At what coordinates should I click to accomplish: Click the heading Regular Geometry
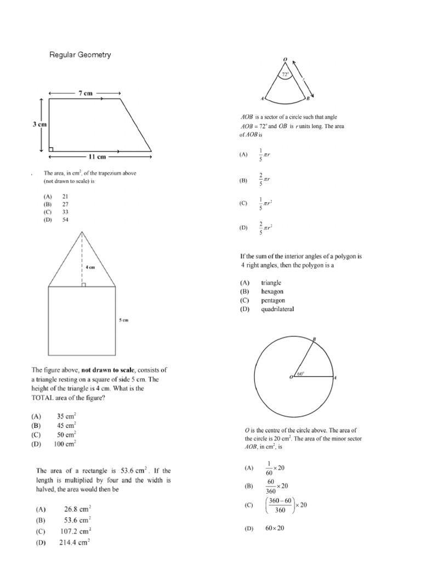[x=80, y=55]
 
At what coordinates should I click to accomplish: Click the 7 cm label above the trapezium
[x=85, y=93]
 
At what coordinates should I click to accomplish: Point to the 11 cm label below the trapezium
[x=97, y=157]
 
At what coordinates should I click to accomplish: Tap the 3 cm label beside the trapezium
[x=39, y=124]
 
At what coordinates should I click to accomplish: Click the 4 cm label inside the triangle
[x=90, y=267]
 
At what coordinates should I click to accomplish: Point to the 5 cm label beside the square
[x=124, y=320]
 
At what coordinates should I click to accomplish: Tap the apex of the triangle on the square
[x=82, y=232]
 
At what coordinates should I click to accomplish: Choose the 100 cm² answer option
[x=65, y=444]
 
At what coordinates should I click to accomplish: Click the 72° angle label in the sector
[x=285, y=73]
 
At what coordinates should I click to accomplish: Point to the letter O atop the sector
[x=285, y=59]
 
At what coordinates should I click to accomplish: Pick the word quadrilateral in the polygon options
[x=277, y=309]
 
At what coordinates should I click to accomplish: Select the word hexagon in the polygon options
[x=272, y=291]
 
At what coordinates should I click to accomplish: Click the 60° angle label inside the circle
[x=300, y=374]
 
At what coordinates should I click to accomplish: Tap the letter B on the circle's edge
[x=314, y=340]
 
